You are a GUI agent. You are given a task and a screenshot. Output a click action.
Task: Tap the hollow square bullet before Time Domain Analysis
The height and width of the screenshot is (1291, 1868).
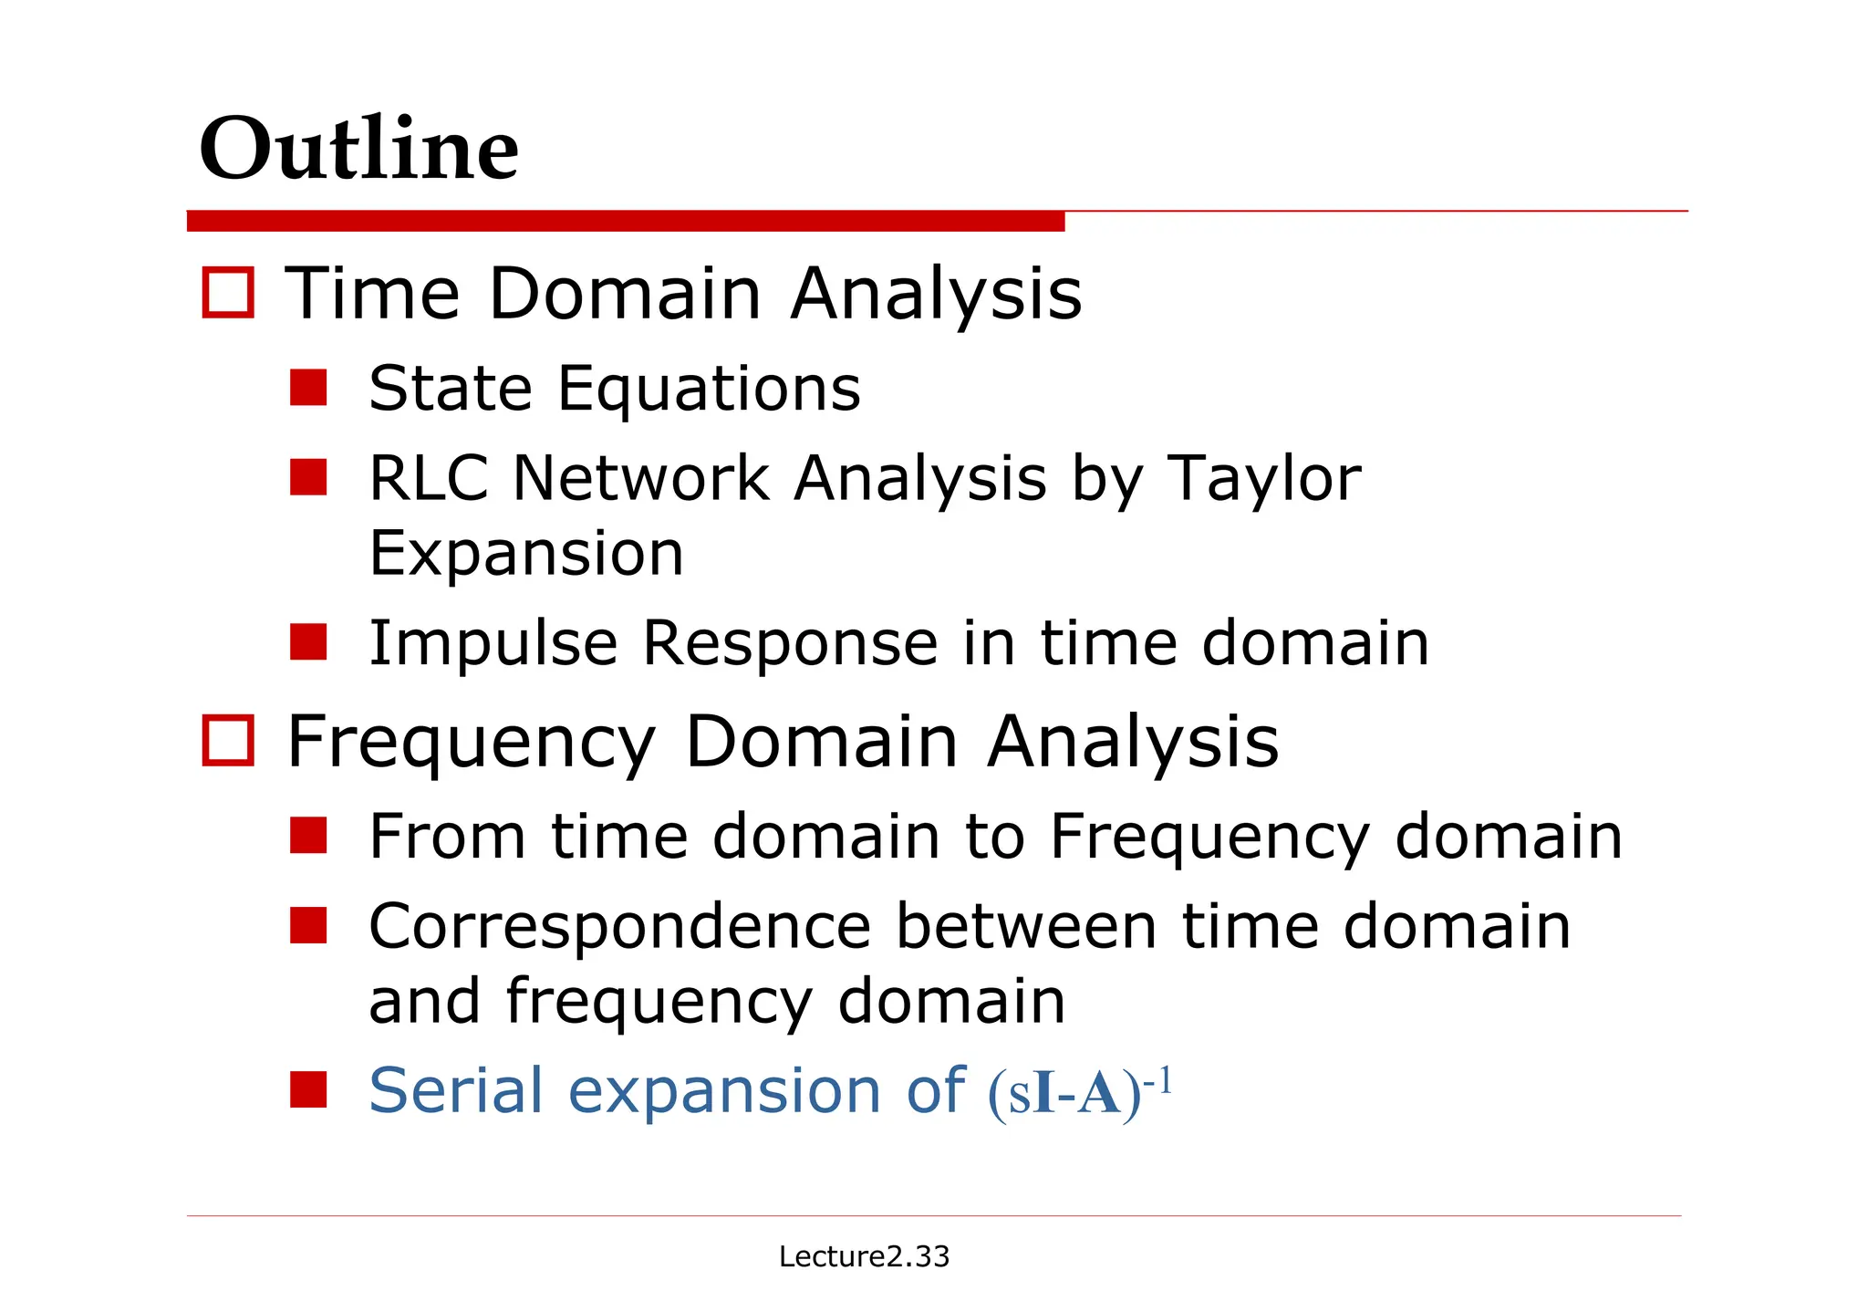(227, 293)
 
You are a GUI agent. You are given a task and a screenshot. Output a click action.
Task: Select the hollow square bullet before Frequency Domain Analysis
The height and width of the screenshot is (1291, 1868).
(227, 741)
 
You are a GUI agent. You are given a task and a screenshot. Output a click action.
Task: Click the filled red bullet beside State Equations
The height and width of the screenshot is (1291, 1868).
(308, 387)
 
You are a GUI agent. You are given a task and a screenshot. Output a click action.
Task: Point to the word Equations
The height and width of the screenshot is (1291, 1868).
(709, 390)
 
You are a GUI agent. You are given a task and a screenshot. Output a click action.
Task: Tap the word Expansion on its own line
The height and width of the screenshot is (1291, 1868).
(525, 554)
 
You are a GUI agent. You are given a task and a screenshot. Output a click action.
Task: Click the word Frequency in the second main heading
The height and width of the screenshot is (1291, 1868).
(471, 743)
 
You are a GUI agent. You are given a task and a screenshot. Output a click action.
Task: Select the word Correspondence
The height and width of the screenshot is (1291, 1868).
(620, 927)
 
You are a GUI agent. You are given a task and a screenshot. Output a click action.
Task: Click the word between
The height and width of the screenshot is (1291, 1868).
(1026, 927)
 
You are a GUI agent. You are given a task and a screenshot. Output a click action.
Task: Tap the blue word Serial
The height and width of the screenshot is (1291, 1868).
(456, 1090)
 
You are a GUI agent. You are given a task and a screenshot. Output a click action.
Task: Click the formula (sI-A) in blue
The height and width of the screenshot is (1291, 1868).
(1064, 1093)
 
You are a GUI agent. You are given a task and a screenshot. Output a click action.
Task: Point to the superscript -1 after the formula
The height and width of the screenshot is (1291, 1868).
(1157, 1080)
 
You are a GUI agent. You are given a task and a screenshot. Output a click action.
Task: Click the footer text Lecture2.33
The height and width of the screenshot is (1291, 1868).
(864, 1256)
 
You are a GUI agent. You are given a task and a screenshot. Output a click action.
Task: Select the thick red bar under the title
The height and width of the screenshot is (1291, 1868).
(625, 221)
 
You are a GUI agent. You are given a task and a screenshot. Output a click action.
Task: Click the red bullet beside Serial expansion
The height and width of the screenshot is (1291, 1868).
(308, 1089)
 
